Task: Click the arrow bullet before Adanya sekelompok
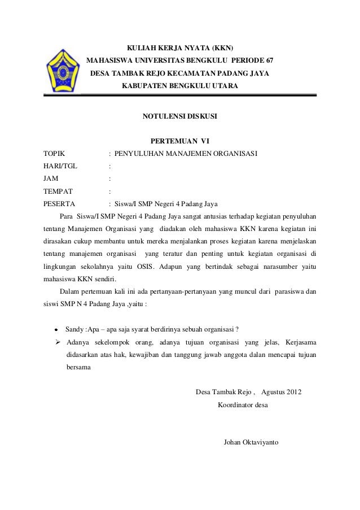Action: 57,342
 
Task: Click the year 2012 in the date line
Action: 293,393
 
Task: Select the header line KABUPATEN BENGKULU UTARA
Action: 180,86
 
